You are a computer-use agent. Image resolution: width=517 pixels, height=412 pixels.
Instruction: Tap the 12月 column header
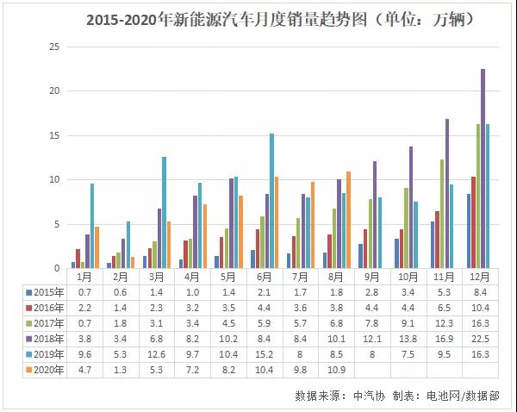477,277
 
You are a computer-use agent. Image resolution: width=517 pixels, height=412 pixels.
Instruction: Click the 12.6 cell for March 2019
158,354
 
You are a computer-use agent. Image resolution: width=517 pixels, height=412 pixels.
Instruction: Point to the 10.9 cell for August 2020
337,370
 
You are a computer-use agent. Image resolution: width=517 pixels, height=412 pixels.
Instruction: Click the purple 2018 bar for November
447,193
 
